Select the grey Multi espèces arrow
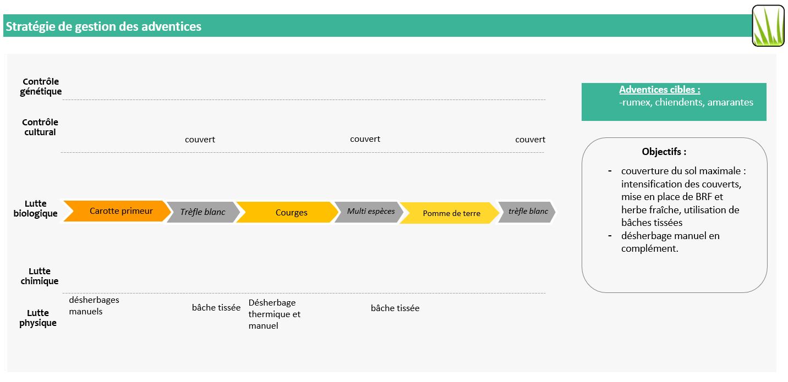(x=369, y=212)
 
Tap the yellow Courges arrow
(x=287, y=212)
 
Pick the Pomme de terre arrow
(x=450, y=213)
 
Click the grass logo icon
(x=768, y=26)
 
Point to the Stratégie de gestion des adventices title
(x=103, y=26)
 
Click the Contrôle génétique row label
(x=41, y=86)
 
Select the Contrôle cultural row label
(x=40, y=127)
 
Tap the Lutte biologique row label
(x=36, y=208)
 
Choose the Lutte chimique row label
(x=40, y=276)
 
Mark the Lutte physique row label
(x=38, y=318)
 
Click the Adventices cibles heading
(x=660, y=90)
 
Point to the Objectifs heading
(x=664, y=152)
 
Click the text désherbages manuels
(x=94, y=306)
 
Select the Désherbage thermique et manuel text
(x=275, y=314)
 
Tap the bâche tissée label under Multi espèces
(x=395, y=308)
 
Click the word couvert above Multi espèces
(x=365, y=139)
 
